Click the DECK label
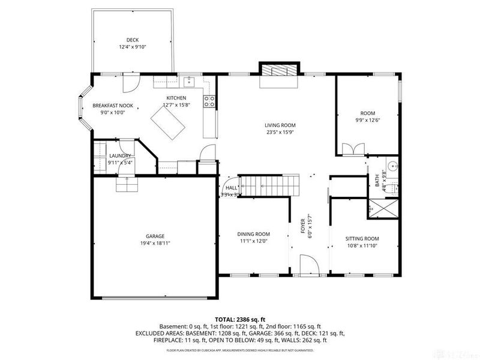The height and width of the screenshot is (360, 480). [132, 40]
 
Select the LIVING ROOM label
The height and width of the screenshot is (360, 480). [281, 125]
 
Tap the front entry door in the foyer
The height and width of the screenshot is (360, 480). [308, 264]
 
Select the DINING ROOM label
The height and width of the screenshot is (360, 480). [253, 234]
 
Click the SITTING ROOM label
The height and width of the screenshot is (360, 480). [362, 238]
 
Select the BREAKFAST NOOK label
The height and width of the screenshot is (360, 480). [113, 106]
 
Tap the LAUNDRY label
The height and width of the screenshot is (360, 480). [120, 155]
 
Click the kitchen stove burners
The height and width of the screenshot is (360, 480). [209, 101]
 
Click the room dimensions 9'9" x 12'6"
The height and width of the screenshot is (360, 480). [367, 120]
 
